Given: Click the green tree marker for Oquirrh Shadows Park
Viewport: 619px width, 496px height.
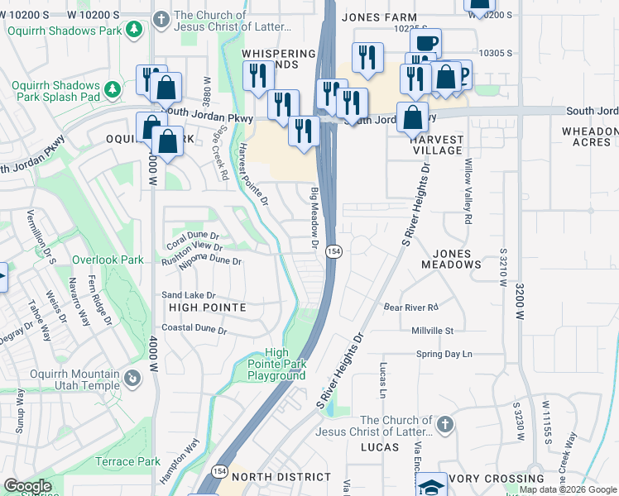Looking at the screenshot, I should pos(133,31).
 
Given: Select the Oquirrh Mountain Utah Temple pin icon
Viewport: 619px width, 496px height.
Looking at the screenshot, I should pos(132,379).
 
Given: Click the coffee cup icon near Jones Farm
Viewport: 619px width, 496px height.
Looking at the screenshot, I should pos(425,43).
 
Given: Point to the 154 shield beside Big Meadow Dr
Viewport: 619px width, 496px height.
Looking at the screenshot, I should pos(333,250).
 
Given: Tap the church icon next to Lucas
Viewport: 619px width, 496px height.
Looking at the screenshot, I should pos(444,425).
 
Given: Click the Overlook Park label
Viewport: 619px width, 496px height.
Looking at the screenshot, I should pos(108,260).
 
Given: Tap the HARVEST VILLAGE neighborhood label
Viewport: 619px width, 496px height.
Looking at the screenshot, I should pos(437,145).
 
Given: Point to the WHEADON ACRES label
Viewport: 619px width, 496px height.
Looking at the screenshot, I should pos(589,136).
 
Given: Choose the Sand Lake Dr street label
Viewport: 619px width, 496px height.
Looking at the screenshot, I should pos(188,294).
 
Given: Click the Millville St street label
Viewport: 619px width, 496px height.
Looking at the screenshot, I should pos(433,331).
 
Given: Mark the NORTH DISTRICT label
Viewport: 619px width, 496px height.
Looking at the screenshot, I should pos(281,477).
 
